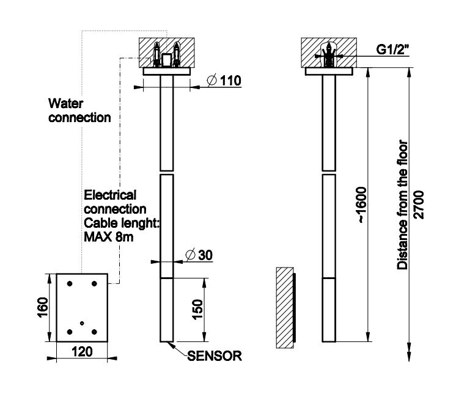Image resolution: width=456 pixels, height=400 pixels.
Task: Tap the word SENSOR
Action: tap(215, 355)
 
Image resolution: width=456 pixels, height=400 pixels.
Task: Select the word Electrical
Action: tap(110, 195)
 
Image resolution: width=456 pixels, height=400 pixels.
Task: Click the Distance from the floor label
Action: tap(403, 205)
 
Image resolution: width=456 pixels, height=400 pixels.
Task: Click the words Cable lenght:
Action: tap(121, 224)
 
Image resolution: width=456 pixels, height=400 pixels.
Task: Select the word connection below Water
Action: tap(80, 117)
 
